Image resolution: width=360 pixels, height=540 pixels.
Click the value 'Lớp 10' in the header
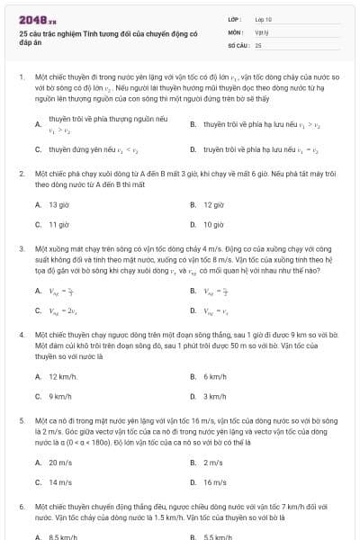tap(263, 18)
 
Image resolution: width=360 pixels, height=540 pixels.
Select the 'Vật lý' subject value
tap(261, 31)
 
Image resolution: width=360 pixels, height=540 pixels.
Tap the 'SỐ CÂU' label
tap(238, 44)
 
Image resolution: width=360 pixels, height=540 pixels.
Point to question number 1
tap(21, 77)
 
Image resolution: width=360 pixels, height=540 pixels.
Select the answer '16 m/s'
tap(214, 481)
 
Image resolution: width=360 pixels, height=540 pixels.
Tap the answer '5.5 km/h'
tap(216, 536)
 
